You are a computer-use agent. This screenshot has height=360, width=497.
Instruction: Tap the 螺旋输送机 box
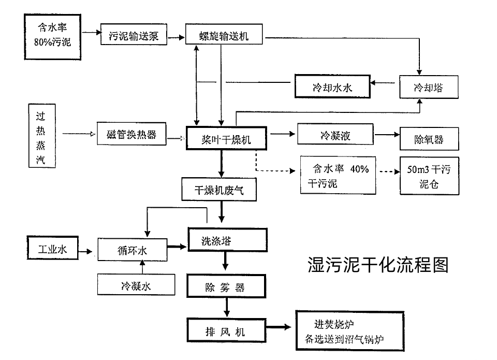[224, 35]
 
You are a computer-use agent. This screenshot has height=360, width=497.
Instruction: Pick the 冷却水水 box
[332, 87]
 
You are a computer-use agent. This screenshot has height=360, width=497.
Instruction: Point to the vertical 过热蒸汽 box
[41, 136]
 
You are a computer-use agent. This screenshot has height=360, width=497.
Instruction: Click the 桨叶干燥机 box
[227, 138]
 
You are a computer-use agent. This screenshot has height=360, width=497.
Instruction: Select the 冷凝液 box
[335, 135]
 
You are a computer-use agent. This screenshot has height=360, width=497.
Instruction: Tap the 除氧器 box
[429, 139]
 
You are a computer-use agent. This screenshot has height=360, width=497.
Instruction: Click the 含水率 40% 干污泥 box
[338, 176]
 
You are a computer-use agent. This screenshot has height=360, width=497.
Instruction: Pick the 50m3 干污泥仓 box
[429, 176]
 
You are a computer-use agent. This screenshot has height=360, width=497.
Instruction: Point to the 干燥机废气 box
[219, 189]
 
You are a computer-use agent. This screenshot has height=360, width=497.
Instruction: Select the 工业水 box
[52, 249]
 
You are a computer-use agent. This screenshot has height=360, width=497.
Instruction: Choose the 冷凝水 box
[136, 285]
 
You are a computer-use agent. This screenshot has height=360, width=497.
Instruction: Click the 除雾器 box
[226, 287]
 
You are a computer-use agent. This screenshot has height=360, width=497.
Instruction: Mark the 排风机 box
[226, 330]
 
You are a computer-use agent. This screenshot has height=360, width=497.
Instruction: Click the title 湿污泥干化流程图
[377, 264]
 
